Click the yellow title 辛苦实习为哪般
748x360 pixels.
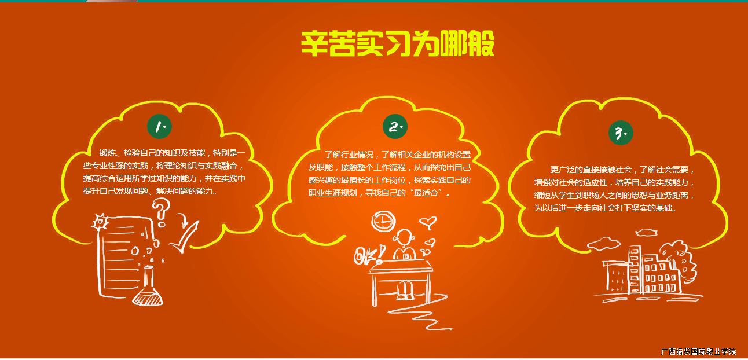click(x=397, y=44)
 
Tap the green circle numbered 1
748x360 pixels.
click(x=160, y=127)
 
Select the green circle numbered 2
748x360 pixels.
click(x=395, y=127)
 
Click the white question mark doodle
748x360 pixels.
click(x=161, y=212)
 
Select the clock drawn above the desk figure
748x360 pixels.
click(x=383, y=221)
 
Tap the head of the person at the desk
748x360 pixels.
click(x=404, y=237)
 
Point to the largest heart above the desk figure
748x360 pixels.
click(x=428, y=222)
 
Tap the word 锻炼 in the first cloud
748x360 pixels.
click(x=107, y=153)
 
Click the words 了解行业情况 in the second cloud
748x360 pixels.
click(x=349, y=155)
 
